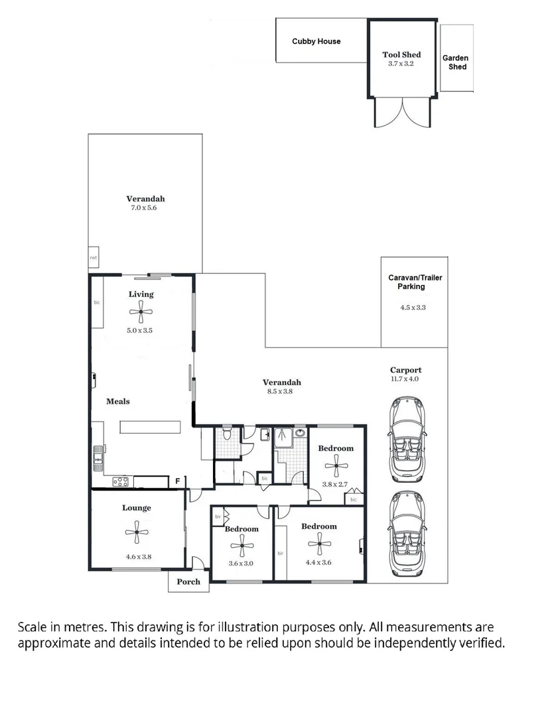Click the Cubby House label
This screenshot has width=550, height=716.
pyautogui.click(x=316, y=41)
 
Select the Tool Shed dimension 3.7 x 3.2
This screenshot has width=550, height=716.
pyautogui.click(x=401, y=64)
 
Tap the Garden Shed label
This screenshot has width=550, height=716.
pyautogui.click(x=455, y=62)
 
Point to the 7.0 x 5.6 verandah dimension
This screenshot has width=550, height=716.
pyautogui.click(x=145, y=208)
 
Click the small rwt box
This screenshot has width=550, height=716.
pyautogui.click(x=94, y=258)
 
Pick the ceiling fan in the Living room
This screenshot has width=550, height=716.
pyautogui.click(x=141, y=310)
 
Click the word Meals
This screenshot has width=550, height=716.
pyautogui.click(x=117, y=401)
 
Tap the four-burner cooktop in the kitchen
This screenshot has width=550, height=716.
pyautogui.click(x=120, y=481)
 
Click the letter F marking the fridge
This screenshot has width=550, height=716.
pyautogui.click(x=177, y=481)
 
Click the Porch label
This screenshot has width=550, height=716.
pyautogui.click(x=188, y=582)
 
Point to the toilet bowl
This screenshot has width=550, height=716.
pyautogui.click(x=227, y=434)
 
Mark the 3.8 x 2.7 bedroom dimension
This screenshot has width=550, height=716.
pyautogui.click(x=335, y=485)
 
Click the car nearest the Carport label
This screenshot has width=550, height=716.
pyautogui.click(x=405, y=439)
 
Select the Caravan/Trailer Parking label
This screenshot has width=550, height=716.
pyautogui.click(x=415, y=282)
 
